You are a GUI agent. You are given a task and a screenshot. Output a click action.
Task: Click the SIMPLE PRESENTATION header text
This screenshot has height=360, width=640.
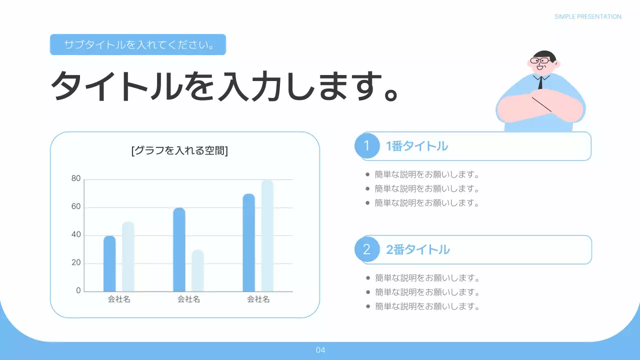[587, 16]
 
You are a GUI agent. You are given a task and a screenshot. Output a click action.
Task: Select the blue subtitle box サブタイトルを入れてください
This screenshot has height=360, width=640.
[138, 44]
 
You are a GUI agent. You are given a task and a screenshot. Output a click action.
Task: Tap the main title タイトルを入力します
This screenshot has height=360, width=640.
[224, 86]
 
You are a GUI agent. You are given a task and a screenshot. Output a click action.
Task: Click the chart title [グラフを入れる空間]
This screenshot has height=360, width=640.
[179, 150]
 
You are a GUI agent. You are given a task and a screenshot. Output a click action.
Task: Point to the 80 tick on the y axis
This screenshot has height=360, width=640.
[76, 178]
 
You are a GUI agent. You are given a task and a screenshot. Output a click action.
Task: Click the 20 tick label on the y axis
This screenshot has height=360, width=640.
[76, 263]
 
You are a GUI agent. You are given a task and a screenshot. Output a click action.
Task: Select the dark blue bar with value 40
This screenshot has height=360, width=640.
[109, 263]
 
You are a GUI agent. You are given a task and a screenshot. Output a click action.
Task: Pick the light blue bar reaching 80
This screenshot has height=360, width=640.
[267, 235]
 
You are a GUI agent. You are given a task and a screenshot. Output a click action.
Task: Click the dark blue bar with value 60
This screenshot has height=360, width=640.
[179, 249]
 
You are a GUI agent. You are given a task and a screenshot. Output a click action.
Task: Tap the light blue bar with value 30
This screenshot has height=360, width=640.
[197, 270]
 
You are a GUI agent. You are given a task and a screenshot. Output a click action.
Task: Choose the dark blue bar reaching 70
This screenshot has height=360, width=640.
[248, 242]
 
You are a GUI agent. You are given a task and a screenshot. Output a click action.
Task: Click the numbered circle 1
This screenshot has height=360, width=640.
[367, 146]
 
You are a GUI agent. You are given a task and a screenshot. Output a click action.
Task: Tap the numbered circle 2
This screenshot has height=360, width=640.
[367, 249]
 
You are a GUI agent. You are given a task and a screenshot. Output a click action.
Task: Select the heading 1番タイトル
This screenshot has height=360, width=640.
[416, 146]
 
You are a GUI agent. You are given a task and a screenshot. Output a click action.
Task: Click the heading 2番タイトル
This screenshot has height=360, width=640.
[417, 249]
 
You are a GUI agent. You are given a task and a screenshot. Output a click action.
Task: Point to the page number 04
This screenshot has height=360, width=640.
[320, 350]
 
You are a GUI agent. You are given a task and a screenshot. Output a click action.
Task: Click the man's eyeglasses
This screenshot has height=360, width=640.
[540, 61]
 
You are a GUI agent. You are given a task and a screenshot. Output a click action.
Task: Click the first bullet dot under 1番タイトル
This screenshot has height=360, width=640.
[368, 175]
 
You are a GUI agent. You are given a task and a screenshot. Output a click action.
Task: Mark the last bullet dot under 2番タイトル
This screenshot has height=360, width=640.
[368, 306]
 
